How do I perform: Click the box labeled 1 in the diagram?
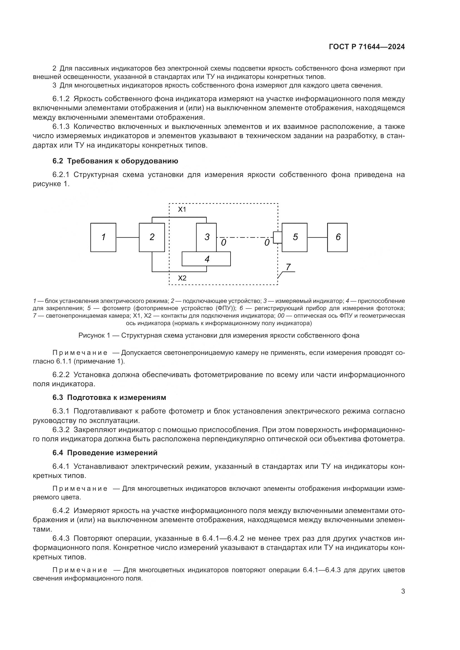[x=103, y=237]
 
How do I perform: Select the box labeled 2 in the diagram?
[x=152, y=237]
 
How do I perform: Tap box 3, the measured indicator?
[x=206, y=237]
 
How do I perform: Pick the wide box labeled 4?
[x=206, y=259]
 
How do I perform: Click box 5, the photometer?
[x=295, y=237]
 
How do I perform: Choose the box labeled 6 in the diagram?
[x=337, y=237]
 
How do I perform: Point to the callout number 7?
[x=288, y=267]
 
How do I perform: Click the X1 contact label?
[x=182, y=210]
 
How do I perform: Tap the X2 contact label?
[x=182, y=278]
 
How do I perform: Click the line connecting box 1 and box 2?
[x=127, y=237]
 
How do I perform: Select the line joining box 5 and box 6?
[x=317, y=237]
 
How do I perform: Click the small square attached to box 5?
[x=277, y=237]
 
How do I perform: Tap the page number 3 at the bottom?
[x=403, y=591]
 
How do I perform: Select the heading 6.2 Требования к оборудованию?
[x=115, y=161]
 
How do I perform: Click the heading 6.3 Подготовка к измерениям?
[x=109, y=397]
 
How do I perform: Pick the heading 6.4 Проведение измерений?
[x=105, y=453]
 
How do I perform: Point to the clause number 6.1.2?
[x=61, y=99]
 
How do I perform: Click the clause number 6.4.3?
[x=61, y=539]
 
